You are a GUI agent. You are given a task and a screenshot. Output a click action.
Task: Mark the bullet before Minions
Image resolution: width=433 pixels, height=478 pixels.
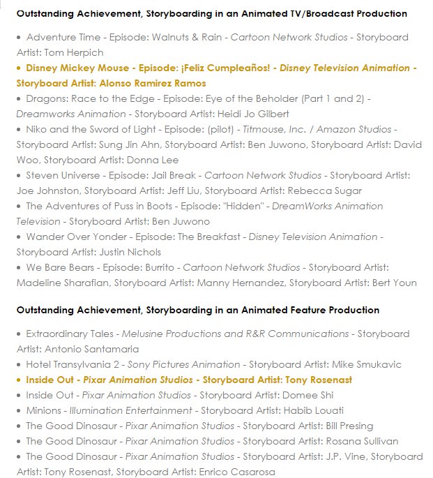[x=20, y=411]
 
